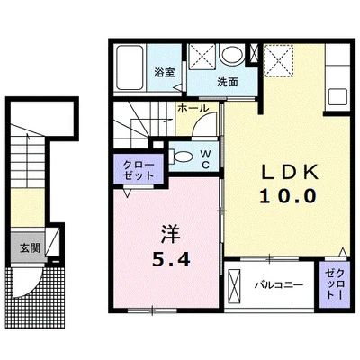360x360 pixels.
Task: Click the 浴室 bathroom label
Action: (163, 73)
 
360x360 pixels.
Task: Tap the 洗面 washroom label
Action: (227, 83)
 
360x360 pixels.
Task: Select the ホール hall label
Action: (193, 108)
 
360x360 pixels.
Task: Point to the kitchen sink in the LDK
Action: (339, 94)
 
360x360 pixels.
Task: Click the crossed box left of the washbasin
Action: (202, 57)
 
